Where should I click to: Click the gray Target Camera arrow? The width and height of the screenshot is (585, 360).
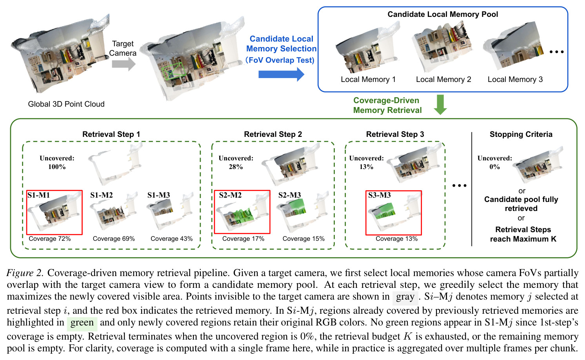click(x=124, y=64)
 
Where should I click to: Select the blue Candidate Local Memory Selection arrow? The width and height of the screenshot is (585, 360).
click(x=281, y=74)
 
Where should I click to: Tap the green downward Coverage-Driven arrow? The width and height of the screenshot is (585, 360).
click(x=440, y=104)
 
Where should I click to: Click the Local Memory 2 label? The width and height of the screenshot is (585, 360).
click(x=443, y=79)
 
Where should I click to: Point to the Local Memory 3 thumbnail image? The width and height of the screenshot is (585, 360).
click(x=513, y=47)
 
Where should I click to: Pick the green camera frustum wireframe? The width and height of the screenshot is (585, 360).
click(x=174, y=71)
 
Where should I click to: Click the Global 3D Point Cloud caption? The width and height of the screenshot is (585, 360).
click(x=66, y=104)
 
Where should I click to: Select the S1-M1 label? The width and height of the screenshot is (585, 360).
click(x=38, y=195)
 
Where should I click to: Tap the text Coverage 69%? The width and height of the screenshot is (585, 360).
click(x=114, y=238)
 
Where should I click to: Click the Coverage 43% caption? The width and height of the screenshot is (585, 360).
click(x=172, y=238)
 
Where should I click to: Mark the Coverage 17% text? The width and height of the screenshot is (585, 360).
click(x=243, y=238)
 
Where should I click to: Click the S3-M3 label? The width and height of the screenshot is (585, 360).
click(x=380, y=195)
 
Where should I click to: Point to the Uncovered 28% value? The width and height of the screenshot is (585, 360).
click(x=236, y=167)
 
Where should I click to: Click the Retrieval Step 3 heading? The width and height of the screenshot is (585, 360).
click(x=395, y=134)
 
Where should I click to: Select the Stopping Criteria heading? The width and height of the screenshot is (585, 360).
click(x=521, y=134)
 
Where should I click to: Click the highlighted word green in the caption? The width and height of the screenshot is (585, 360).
click(x=82, y=323)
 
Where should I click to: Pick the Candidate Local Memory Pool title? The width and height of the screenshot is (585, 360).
click(x=443, y=15)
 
